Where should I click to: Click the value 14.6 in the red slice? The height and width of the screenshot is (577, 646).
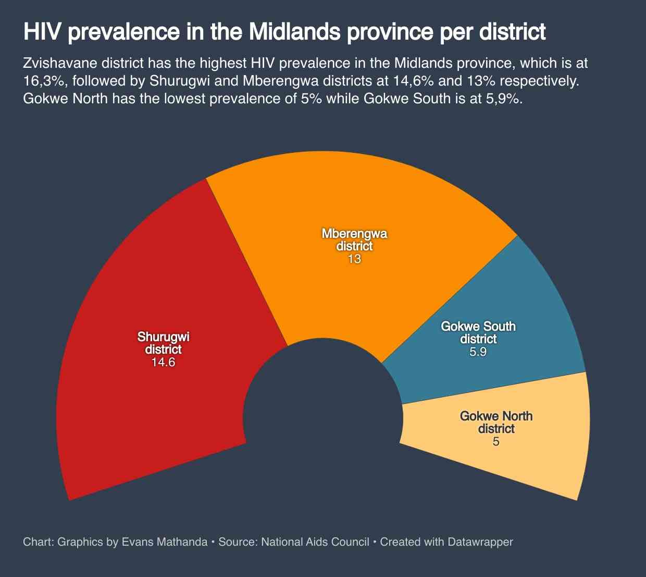click(x=163, y=362)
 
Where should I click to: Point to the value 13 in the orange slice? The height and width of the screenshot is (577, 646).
click(x=354, y=259)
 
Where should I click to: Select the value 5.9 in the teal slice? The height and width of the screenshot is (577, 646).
click(x=478, y=352)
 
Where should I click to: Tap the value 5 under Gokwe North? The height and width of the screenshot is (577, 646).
click(x=496, y=442)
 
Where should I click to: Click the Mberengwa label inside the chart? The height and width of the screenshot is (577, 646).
click(x=354, y=234)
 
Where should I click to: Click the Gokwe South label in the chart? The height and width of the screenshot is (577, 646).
click(x=478, y=327)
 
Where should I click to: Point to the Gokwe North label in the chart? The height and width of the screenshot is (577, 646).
click(x=496, y=416)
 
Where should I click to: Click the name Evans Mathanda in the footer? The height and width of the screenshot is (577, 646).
click(x=164, y=542)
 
